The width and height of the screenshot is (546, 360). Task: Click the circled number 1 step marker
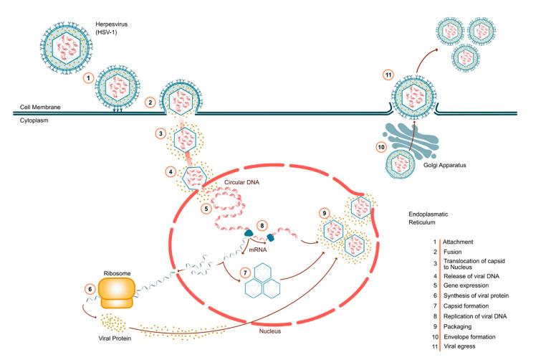point(88,77)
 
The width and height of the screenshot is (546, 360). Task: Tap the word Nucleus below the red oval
point(273,332)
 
